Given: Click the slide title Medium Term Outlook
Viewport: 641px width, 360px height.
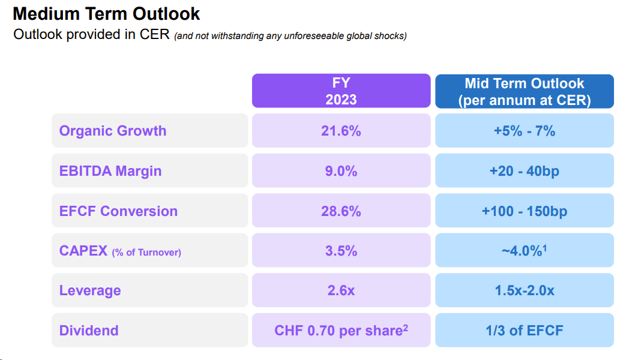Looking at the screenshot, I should coord(107,14).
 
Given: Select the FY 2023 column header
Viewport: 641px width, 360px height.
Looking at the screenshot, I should coord(341,91).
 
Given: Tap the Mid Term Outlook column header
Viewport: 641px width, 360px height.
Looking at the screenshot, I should coord(524,91).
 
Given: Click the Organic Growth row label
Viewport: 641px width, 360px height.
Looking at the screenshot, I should coord(113,131).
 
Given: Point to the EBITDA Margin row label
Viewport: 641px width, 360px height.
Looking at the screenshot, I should coord(110,171).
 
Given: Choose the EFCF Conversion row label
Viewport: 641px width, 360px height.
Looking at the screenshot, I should coord(118,211).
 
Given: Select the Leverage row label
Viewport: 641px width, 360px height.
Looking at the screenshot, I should coord(90,290).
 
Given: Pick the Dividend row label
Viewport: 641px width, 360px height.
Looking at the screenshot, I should coord(89,331).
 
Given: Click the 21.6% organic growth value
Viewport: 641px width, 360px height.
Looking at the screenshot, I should coord(341,131).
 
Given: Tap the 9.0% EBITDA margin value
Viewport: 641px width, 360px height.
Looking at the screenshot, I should coord(341,171).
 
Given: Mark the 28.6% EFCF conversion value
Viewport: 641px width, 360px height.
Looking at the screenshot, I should coord(341,211).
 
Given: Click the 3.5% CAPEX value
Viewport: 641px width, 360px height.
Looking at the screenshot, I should coord(341,251).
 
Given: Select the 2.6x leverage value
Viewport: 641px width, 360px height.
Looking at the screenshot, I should coord(341,290).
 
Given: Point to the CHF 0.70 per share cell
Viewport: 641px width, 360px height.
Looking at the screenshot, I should coord(341,331).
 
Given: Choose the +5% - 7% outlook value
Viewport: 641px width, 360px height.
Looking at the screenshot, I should coord(524,131).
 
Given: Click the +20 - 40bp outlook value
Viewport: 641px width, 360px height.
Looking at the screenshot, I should coord(524,171).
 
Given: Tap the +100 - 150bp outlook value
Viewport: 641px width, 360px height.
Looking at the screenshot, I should coord(524,211).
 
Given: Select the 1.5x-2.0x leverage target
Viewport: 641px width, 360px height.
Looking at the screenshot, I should coord(524,290).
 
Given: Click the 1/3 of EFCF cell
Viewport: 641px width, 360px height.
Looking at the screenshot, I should coord(524,331).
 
